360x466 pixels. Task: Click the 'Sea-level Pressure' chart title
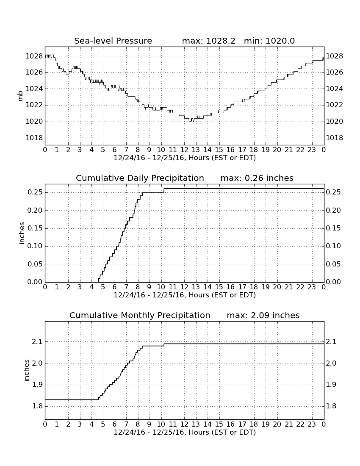tap(113, 41)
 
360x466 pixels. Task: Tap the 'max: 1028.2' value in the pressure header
tap(208, 41)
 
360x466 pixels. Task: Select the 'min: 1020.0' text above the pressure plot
tap(269, 41)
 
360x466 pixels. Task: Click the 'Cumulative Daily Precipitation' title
tap(140, 178)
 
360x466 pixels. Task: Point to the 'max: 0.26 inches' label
tap(257, 178)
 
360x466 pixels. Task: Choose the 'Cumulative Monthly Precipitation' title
tap(140, 315)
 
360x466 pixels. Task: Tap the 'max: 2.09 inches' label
tap(263, 315)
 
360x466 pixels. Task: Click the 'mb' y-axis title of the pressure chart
tap(20, 96)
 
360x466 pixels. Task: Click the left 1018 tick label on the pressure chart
tap(34, 138)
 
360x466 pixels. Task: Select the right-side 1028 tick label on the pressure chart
tap(335, 56)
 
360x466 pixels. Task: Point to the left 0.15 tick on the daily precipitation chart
tap(35, 228)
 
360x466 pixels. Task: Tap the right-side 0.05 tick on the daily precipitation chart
tap(333, 264)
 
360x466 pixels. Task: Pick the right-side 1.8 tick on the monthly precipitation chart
tap(331, 406)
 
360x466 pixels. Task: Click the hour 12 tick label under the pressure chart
tap(184, 150)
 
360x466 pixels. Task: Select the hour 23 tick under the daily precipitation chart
tap(312, 287)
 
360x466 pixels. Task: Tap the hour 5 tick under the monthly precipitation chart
tap(103, 424)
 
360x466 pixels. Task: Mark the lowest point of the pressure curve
tap(190, 122)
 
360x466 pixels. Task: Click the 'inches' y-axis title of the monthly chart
tap(27, 370)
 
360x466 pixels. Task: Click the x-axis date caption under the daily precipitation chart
tap(185, 295)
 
